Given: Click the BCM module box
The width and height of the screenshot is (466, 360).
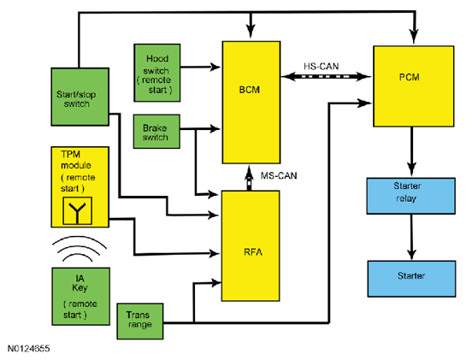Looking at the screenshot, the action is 251,103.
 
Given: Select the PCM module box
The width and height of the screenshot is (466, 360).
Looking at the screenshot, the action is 413,86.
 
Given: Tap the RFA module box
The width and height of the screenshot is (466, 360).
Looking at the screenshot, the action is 251,246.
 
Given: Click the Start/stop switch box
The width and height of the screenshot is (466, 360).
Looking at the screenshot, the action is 80,97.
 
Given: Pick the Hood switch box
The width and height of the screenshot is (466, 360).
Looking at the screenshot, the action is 157,73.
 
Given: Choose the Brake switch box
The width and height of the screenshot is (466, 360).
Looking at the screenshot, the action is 156,132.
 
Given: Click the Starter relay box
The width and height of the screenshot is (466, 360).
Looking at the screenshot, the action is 410,196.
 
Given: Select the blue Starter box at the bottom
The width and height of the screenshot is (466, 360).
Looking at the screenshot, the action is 411,279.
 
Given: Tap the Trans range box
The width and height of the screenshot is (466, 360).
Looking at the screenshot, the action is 140,322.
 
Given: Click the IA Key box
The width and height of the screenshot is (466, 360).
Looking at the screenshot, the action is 81,297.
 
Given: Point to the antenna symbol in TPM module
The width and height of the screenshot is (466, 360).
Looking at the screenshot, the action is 77,210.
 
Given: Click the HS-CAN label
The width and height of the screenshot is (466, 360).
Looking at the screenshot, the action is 321,67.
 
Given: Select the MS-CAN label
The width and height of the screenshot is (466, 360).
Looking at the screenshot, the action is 279,175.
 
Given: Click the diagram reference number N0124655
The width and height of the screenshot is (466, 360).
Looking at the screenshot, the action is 28,349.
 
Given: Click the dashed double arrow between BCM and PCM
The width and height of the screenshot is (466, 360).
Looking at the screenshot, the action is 326,76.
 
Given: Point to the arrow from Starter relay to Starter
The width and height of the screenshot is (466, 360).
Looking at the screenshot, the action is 411,237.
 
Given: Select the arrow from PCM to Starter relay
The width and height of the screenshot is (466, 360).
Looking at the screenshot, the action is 411,152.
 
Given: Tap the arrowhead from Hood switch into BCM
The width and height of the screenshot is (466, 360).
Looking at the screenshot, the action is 215,67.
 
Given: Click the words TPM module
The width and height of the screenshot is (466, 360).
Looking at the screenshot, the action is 76,160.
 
